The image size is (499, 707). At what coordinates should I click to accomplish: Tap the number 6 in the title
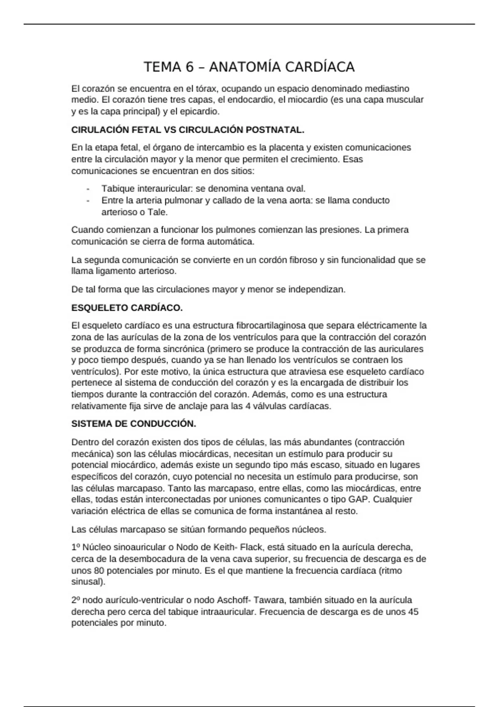pos(190,67)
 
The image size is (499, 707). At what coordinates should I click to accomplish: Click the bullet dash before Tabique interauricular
pos(88,189)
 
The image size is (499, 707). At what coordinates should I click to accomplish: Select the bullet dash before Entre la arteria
pos(88,200)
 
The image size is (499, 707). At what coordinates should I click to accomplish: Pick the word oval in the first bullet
pos(296,189)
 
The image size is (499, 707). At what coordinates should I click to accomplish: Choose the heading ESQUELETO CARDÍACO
pos(127,308)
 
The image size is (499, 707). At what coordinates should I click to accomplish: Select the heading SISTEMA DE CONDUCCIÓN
pos(133,424)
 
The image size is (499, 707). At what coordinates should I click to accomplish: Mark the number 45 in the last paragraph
pos(413,612)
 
